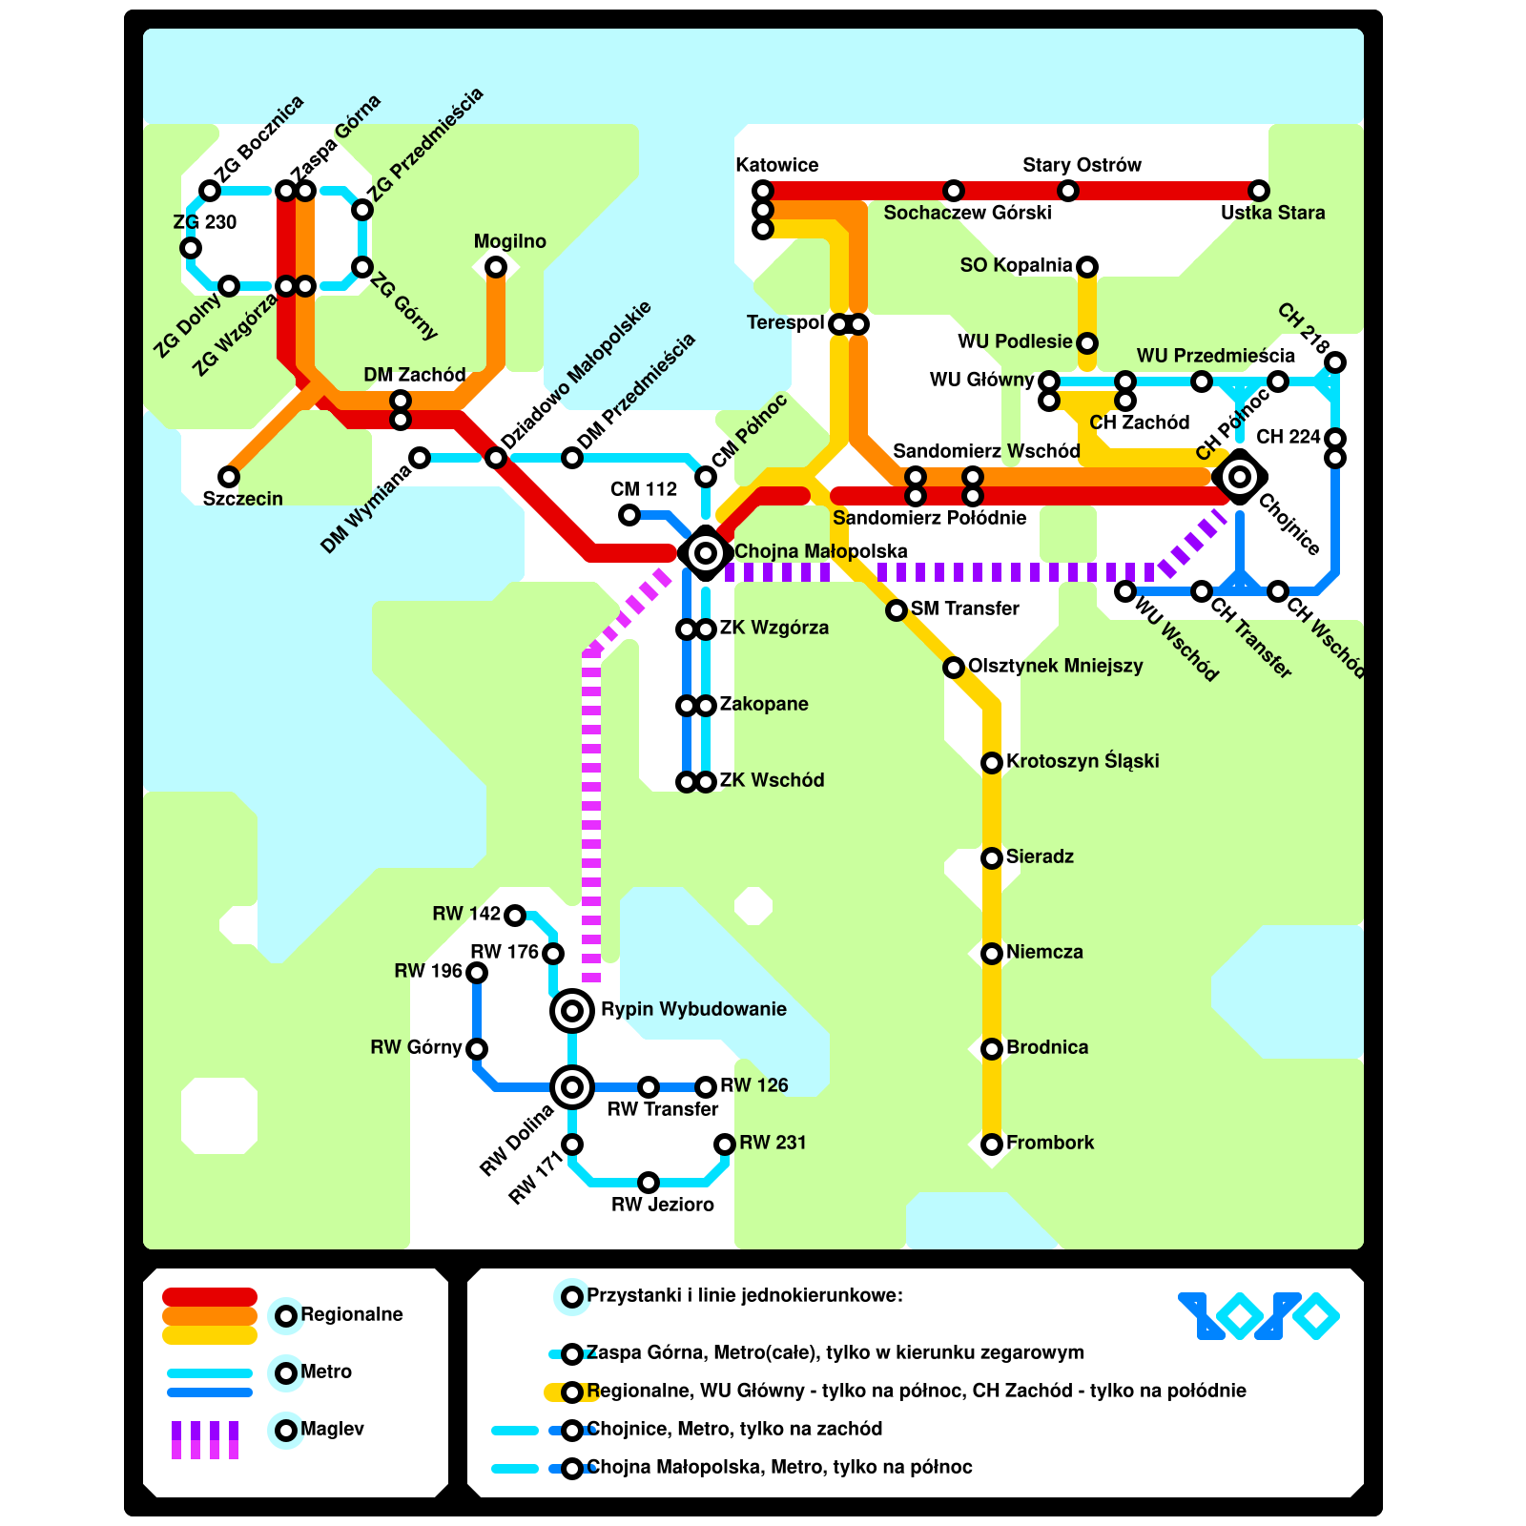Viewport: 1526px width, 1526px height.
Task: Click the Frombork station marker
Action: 992,1144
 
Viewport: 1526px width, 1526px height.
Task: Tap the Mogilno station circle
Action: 496,267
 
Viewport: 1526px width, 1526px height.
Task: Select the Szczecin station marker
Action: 229,476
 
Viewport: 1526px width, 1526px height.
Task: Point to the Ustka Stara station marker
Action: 1259,191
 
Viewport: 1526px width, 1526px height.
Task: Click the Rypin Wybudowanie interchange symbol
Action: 572,1010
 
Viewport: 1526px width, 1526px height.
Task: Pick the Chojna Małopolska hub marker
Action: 706,552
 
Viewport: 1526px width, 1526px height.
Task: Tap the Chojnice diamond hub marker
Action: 1240,476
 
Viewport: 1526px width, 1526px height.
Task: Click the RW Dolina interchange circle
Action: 572,1086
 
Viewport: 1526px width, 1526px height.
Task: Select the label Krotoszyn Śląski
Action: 1083,761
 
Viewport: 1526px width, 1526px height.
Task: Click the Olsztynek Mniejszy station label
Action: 1055,666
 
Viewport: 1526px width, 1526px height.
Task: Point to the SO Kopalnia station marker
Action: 1087,266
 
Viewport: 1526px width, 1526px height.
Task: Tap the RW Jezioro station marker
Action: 649,1183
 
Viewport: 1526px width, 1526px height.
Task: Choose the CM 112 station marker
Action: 629,515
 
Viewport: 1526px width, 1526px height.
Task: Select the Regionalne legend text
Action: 352,1314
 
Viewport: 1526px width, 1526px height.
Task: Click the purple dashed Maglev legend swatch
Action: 205,1439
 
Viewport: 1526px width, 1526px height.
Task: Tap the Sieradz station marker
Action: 992,857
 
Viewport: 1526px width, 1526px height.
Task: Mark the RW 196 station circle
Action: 477,973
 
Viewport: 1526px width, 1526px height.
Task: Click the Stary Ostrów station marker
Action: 1068,191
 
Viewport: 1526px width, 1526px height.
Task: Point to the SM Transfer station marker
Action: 897,609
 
